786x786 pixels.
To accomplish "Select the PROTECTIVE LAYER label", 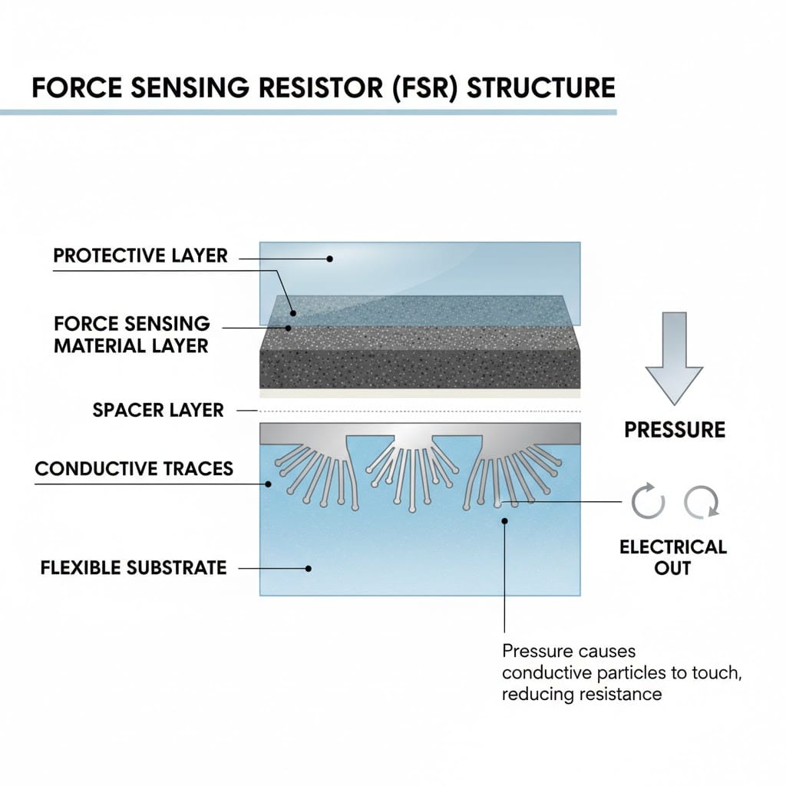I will point(140,256).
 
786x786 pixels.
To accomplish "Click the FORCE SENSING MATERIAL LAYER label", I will point(131,335).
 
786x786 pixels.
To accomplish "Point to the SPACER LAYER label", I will point(158,410).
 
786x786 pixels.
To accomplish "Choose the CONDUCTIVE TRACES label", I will point(134,468).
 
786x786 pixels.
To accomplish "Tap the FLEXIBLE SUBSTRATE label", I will point(134,569).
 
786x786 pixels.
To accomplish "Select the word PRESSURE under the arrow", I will point(675,430).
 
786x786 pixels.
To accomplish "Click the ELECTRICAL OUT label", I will point(672,557).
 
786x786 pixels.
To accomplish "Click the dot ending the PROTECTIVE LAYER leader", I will point(330,259).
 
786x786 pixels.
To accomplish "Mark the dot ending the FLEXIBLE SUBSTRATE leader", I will point(309,569).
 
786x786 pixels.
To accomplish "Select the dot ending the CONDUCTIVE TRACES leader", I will point(269,484).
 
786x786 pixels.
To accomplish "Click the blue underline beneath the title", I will point(307,112).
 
